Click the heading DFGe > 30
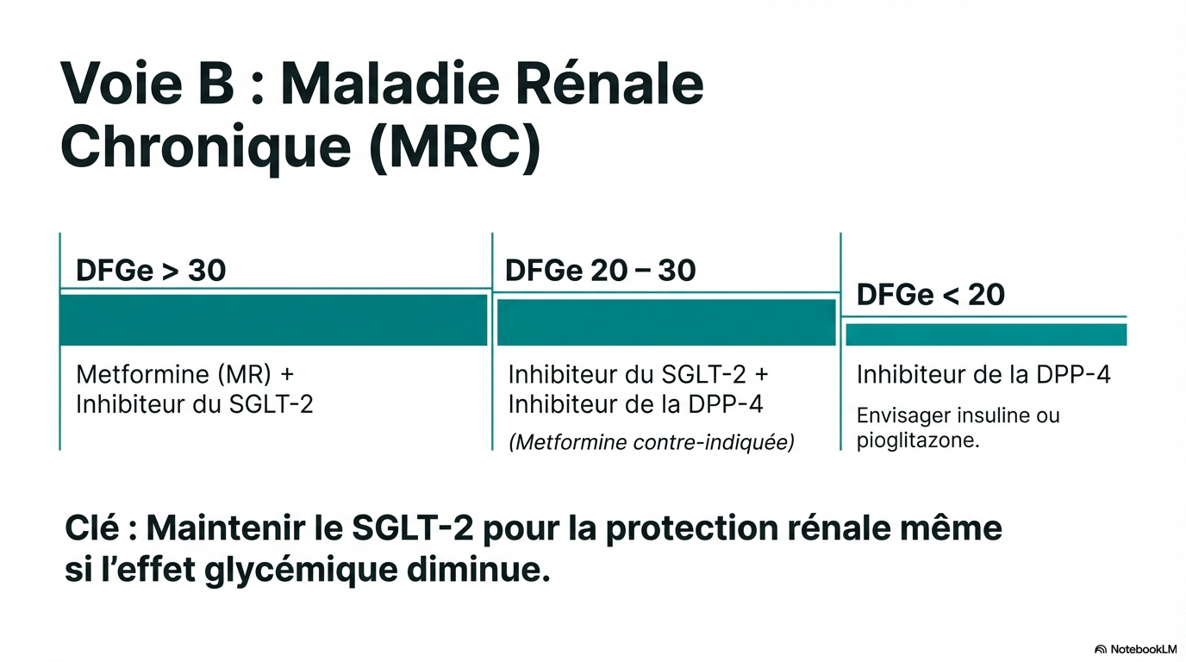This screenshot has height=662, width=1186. [151, 270]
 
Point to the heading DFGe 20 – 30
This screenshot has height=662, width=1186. [601, 270]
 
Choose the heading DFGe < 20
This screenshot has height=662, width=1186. [930, 295]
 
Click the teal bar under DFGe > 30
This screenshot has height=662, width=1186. [273, 321]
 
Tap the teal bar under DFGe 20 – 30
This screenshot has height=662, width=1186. [666, 322]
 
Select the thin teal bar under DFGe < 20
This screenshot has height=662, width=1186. [986, 334]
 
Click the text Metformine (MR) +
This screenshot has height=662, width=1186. [184, 374]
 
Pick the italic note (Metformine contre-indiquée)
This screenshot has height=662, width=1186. [652, 441]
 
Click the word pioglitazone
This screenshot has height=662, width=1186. [918, 440]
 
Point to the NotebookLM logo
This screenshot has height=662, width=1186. [1134, 649]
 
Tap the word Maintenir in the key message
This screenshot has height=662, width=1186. [226, 528]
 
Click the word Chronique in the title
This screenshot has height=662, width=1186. [206, 147]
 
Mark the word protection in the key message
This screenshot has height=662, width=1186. [692, 529]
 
